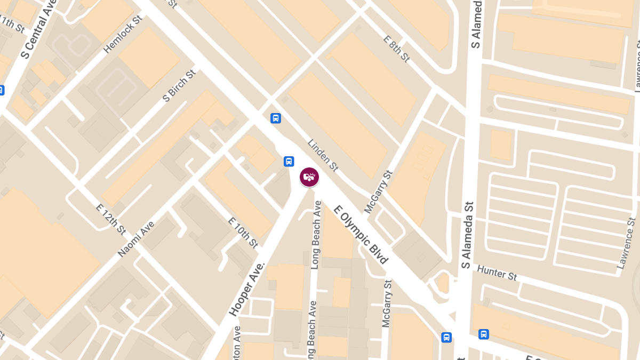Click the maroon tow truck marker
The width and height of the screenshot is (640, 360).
point(309,177)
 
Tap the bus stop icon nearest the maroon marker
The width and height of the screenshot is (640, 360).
point(289,161)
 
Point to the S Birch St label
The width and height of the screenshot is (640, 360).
point(179,85)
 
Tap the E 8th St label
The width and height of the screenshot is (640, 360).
point(396,49)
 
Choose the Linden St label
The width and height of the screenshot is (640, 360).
point(323,155)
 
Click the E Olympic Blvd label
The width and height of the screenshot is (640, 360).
point(361,235)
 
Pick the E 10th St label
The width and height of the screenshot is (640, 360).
point(243,233)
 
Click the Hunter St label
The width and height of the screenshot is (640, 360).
point(497,273)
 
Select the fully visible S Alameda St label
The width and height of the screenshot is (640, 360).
point(467,235)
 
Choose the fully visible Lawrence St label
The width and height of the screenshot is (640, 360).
point(626,243)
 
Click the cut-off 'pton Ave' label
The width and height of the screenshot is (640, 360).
point(237,341)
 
